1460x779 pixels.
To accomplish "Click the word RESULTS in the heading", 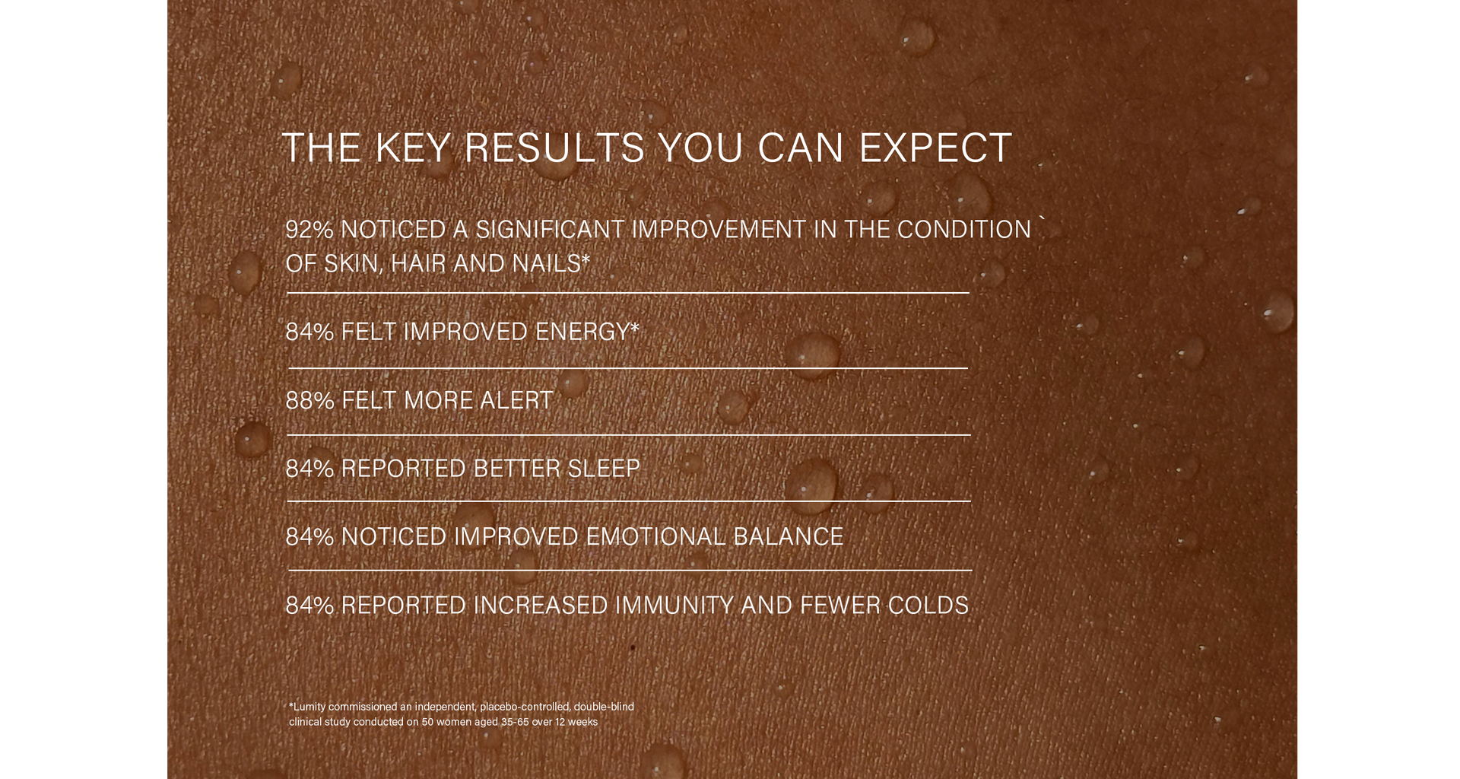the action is (x=554, y=148).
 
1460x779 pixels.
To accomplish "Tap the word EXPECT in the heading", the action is (x=935, y=148).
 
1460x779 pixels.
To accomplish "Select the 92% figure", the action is (x=309, y=229).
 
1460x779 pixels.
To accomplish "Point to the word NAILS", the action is (x=547, y=263).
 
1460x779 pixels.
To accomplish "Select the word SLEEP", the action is (x=604, y=468).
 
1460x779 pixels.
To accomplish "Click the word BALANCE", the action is (x=789, y=536).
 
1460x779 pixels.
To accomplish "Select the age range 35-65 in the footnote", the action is (x=515, y=722).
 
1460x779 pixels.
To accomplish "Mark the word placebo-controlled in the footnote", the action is (x=525, y=707).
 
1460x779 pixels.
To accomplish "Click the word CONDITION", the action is (x=964, y=229).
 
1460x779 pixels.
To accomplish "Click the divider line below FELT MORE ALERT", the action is (x=629, y=435).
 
